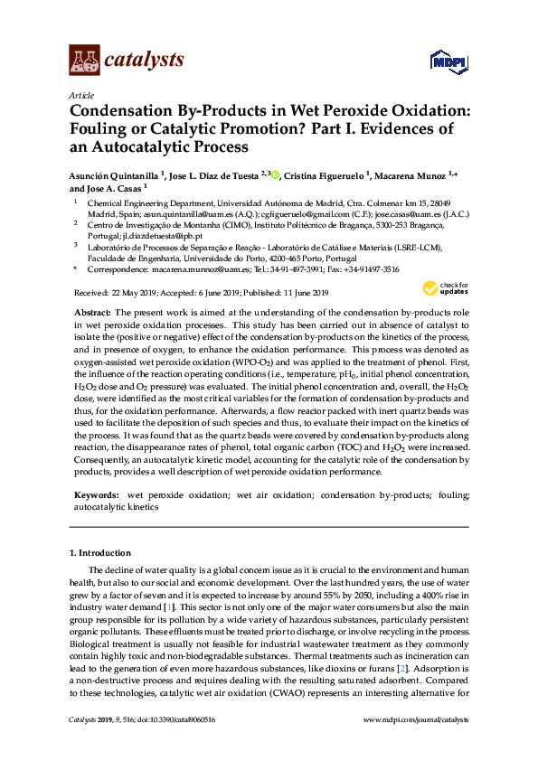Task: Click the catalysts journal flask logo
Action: pos(84,61)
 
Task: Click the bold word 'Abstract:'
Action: pos(92,312)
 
